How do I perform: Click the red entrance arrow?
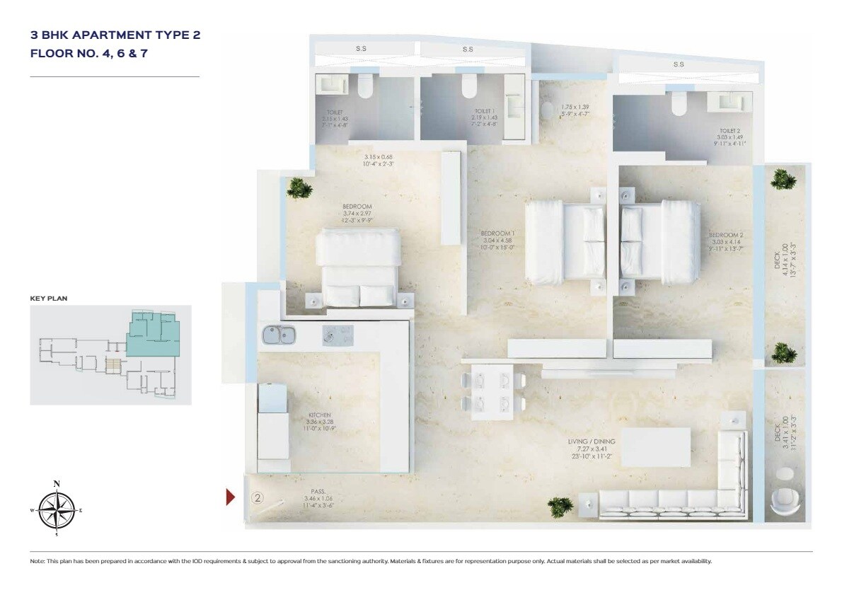[230, 497]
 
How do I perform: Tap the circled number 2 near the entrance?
[258, 497]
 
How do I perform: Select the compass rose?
[57, 509]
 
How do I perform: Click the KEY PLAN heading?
[48, 299]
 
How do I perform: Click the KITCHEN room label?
[320, 415]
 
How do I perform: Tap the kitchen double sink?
[278, 335]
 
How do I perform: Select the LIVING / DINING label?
[591, 441]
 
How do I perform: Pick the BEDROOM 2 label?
[726, 234]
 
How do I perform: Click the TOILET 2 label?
[729, 130]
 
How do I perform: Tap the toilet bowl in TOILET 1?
[468, 88]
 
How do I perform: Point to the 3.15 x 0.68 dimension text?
[379, 156]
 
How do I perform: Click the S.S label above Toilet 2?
[679, 64]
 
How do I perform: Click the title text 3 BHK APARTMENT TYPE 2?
[111, 34]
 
